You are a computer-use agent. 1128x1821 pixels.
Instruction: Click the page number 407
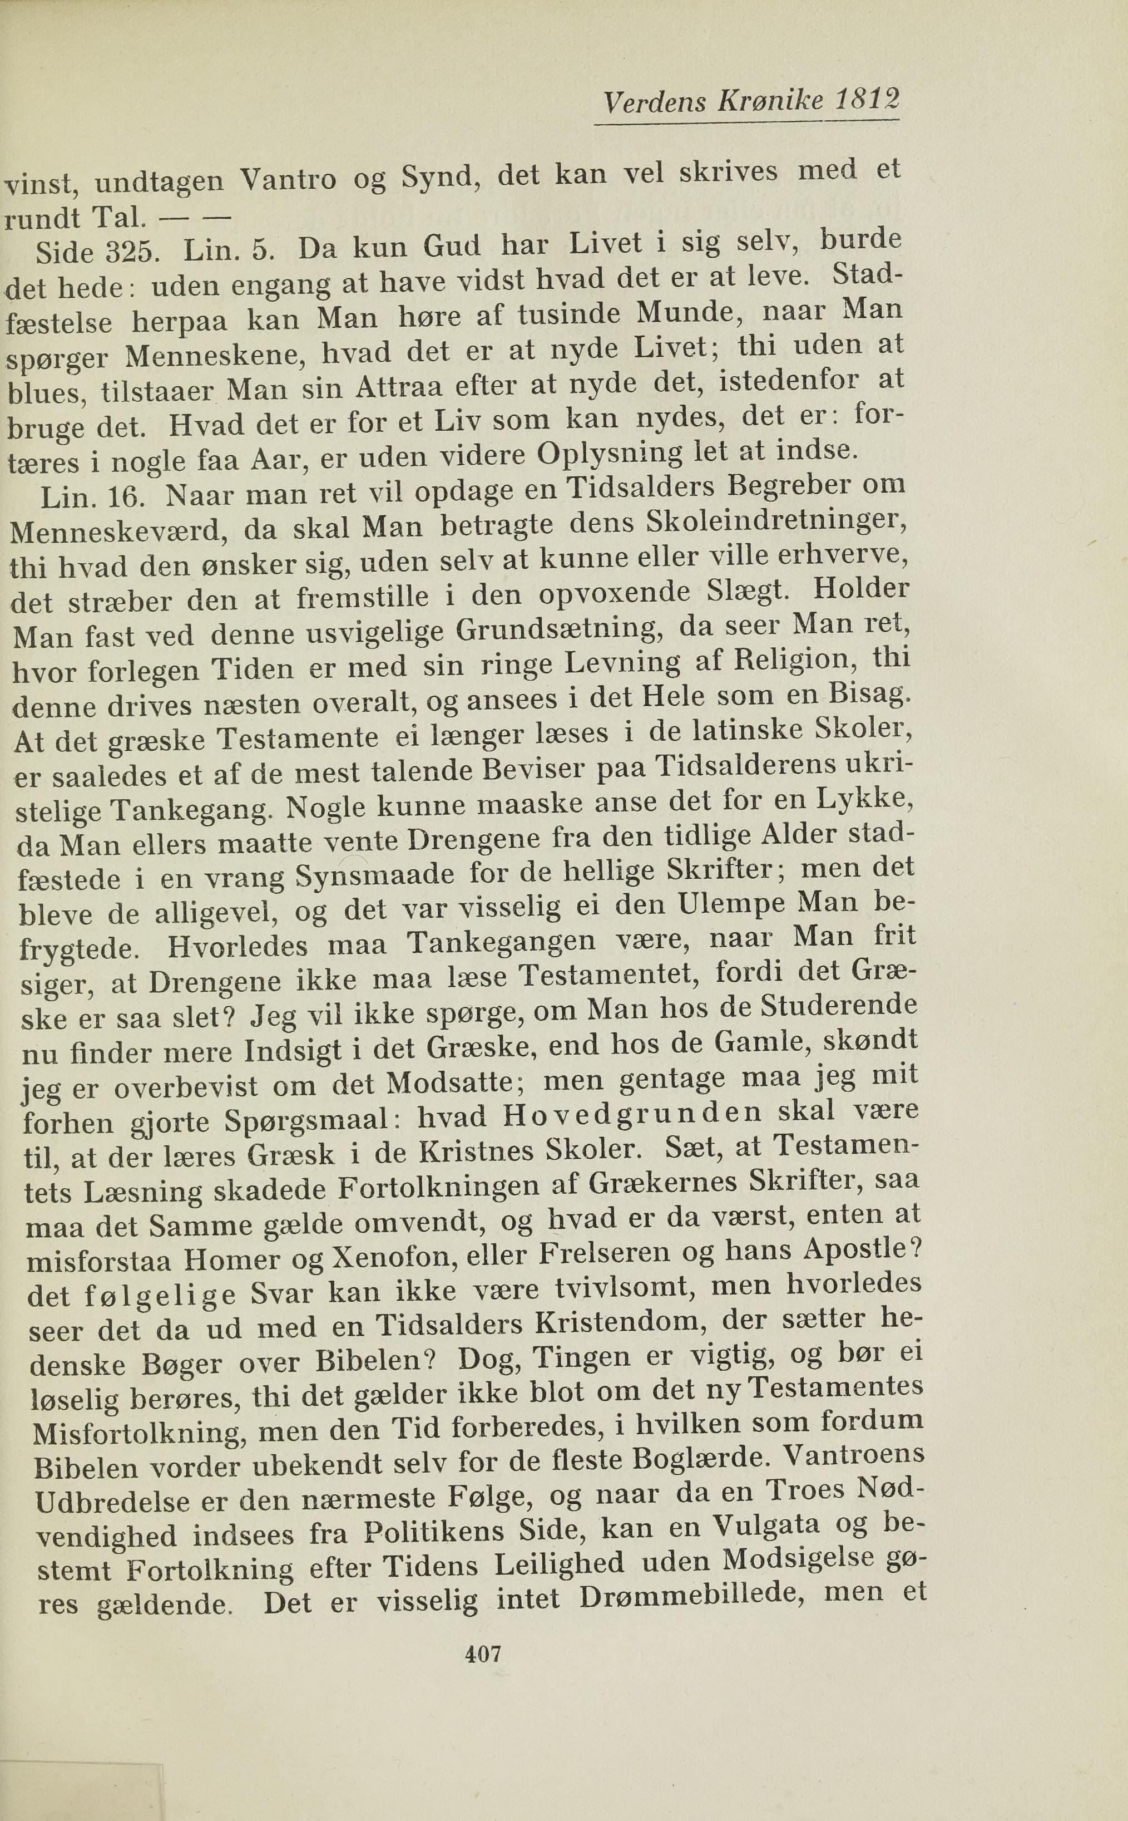pyautogui.click(x=483, y=1654)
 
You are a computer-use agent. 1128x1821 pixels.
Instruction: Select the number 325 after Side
pyautogui.click(x=131, y=254)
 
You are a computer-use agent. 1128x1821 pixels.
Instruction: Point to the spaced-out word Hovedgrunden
pyautogui.click(x=632, y=1114)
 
